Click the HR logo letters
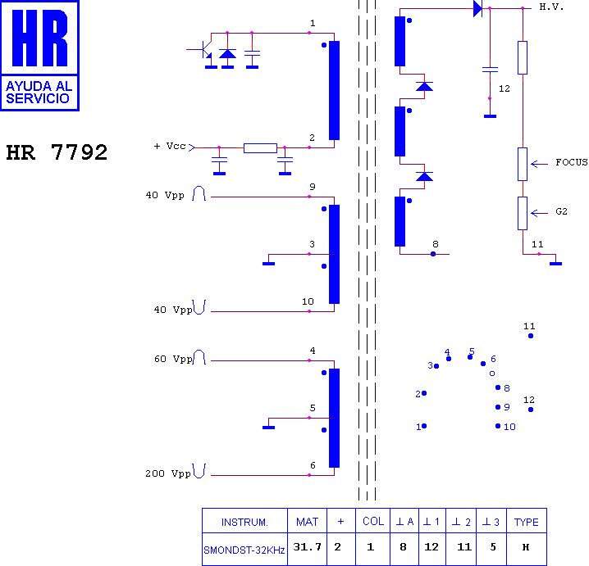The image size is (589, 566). [40, 38]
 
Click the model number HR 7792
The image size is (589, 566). [57, 152]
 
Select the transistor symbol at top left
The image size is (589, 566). [206, 49]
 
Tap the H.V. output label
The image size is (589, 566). [551, 7]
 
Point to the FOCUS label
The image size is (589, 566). [571, 162]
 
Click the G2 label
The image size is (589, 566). [561, 211]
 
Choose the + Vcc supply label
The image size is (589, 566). [170, 146]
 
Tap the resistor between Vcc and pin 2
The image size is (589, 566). [260, 147]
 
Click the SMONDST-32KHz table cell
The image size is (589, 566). [244, 550]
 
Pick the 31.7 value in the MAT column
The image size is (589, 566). [308, 547]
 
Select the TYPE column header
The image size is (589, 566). [527, 522]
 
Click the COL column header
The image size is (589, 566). [373, 522]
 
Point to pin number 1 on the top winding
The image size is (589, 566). [313, 23]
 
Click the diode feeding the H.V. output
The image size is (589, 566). [477, 8]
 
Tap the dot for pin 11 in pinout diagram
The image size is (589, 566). [531, 336]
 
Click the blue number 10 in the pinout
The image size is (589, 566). [509, 427]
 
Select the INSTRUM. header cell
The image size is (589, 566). [244, 522]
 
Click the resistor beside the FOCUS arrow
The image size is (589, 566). [523, 164]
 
